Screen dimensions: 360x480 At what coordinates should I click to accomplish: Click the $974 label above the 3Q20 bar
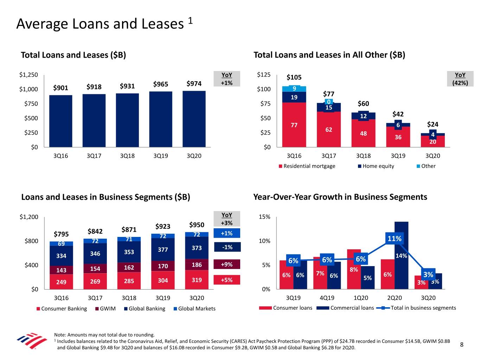pos(194,84)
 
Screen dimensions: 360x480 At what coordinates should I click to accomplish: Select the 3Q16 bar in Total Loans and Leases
pos(60,121)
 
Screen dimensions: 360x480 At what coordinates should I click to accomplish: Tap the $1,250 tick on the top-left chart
pos(28,75)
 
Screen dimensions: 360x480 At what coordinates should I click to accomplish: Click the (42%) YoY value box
pos(460,83)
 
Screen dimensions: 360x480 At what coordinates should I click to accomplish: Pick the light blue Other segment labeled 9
pos(294,89)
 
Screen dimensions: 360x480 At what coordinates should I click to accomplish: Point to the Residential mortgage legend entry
pos(307,166)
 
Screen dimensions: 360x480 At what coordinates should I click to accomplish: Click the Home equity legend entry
pos(376,166)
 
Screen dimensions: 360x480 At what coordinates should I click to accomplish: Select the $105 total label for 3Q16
pos(294,77)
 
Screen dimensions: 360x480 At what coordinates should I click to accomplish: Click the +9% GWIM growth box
pos(226,264)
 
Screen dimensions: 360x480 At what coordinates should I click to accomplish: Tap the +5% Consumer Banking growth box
pos(226,280)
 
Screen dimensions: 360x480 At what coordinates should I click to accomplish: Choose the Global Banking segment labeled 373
pos(197,248)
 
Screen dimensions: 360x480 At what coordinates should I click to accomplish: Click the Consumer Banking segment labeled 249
pos(61,282)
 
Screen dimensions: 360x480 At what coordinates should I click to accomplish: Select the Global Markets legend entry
pos(194,308)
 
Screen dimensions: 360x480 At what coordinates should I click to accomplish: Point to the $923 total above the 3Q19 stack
pos(163,226)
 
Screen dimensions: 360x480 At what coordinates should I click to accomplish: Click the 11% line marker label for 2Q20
pos(394,239)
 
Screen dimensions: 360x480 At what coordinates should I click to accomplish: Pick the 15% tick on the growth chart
pos(264,217)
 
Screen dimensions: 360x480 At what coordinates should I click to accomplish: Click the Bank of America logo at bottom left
pos(32,340)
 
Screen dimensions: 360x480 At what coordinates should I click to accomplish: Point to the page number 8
pos(462,345)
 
